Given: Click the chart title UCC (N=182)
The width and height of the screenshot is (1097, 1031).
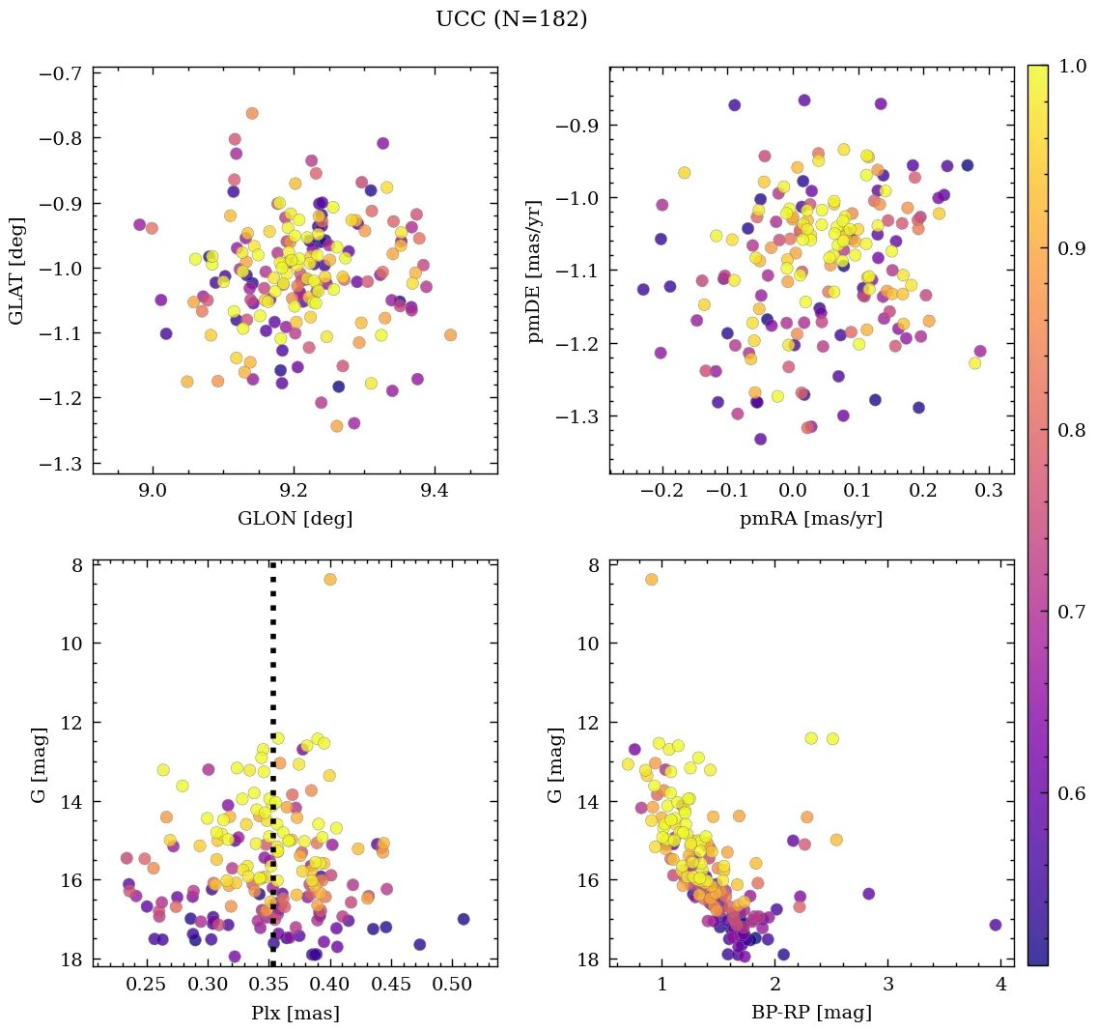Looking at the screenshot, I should click(511, 19).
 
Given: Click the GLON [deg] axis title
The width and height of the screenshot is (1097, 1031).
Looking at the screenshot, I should click(295, 519).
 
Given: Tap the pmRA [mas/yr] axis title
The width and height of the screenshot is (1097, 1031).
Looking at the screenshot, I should click(811, 519).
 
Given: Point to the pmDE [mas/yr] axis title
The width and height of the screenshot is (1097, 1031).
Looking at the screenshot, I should click(535, 272).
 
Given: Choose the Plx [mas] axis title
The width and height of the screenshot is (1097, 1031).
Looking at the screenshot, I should click(295, 1014).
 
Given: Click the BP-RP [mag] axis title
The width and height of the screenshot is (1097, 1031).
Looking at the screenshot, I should click(811, 1014).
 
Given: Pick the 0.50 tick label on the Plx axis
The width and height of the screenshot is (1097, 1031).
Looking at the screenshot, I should click(452, 987).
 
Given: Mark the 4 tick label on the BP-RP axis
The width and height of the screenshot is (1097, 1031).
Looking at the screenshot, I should click(1000, 987).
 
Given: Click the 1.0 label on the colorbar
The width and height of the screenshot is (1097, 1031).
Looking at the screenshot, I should click(1072, 66).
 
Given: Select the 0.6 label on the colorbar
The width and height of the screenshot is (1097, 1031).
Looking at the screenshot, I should click(1072, 793).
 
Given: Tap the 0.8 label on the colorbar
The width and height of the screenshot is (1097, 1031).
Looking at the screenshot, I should click(1072, 430).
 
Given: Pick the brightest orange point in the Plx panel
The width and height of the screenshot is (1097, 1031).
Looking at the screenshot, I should click(330, 579).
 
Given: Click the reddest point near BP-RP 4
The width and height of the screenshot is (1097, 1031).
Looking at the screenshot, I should click(996, 925).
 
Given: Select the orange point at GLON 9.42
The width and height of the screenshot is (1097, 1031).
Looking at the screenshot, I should click(450, 335).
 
